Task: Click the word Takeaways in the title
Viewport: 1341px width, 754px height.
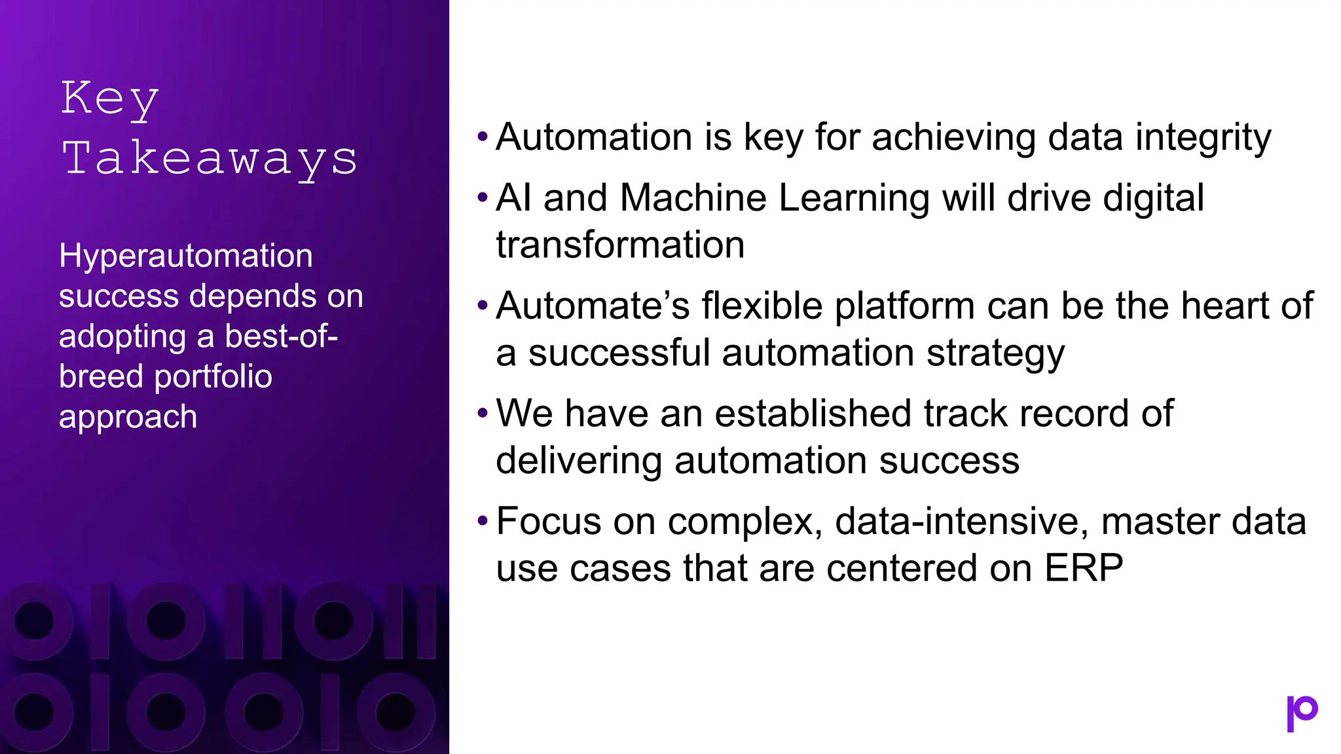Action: (210, 159)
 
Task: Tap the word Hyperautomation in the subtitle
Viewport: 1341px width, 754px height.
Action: (186, 256)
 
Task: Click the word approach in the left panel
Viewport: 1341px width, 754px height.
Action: (128, 417)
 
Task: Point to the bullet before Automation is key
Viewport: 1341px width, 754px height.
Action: (483, 137)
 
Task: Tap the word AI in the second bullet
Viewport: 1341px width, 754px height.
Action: (513, 198)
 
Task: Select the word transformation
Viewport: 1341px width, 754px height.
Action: (620, 245)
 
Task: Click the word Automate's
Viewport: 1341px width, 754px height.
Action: (593, 306)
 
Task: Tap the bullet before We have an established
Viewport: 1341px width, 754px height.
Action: (483, 414)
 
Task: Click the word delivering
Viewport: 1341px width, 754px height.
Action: (578, 461)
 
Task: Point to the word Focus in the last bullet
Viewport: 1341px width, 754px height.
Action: (548, 522)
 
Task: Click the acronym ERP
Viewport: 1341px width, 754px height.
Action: (1084, 568)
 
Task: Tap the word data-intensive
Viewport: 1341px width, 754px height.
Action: (961, 522)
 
